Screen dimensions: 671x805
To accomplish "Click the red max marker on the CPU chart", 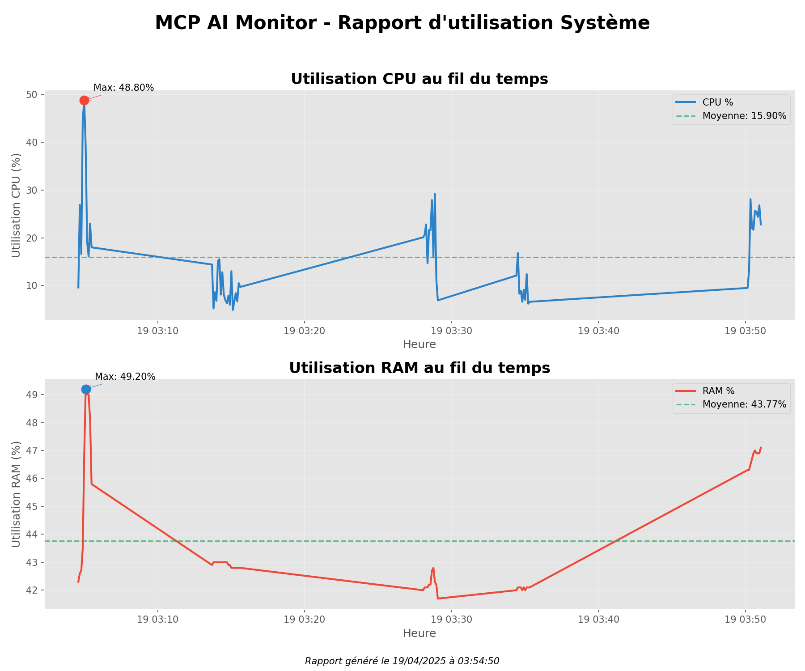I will click(x=84, y=100).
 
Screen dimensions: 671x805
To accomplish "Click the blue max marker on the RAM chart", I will click(x=86, y=390).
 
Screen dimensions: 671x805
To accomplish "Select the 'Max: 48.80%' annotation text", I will click(x=123, y=88).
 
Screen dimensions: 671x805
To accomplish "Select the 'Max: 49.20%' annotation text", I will click(x=125, y=377).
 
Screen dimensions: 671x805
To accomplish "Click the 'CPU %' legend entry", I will click(x=717, y=102).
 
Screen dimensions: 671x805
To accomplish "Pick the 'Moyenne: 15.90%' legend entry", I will click(x=744, y=116).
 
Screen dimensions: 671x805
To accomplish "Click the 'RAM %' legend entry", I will click(x=718, y=391).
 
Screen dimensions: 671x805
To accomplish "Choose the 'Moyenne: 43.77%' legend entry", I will click(x=744, y=404).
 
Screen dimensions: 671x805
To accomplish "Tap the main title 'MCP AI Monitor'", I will click(x=402, y=23).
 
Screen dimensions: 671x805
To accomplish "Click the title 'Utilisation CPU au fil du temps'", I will click(x=419, y=79).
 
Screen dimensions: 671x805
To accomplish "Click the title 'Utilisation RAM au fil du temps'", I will click(x=419, y=368).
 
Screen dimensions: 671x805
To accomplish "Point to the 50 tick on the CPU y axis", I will click(x=32, y=95).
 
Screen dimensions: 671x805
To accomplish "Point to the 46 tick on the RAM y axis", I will click(x=32, y=479).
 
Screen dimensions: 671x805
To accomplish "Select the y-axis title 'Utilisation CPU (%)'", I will click(x=16, y=205).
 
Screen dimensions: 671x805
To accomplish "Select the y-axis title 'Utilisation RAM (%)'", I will click(x=16, y=494).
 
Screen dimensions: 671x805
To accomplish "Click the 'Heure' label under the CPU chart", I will click(x=419, y=344).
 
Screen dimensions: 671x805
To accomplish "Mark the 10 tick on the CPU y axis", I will click(x=32, y=286).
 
